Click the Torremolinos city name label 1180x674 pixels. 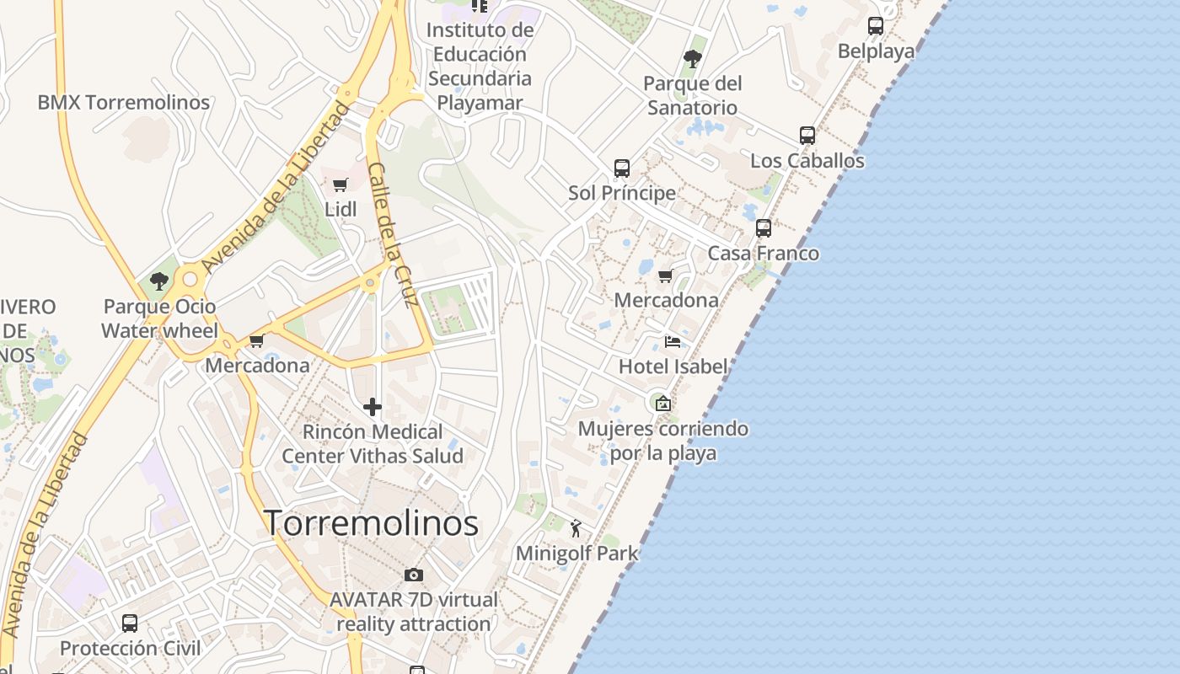point(372,523)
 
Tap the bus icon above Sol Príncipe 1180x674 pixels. point(622,168)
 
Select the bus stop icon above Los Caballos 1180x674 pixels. point(807,136)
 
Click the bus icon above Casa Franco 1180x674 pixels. point(764,228)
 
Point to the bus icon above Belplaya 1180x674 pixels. point(876,26)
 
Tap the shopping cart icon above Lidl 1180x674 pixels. point(341,185)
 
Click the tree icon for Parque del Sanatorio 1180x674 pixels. point(693,59)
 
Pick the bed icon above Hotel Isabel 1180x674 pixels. point(673,341)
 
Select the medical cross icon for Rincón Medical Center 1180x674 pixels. point(373,408)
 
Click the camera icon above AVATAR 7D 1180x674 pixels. point(414,575)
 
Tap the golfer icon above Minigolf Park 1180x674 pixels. point(577,528)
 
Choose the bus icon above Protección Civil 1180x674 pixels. point(130,623)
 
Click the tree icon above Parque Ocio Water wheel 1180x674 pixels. point(159,281)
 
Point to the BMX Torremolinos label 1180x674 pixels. point(124,103)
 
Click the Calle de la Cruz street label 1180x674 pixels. point(394,236)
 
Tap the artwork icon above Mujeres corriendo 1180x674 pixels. point(663,404)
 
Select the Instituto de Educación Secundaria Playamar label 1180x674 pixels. point(480,67)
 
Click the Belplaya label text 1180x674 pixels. point(876,51)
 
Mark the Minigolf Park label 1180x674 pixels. point(577,554)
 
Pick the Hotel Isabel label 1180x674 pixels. point(673,366)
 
